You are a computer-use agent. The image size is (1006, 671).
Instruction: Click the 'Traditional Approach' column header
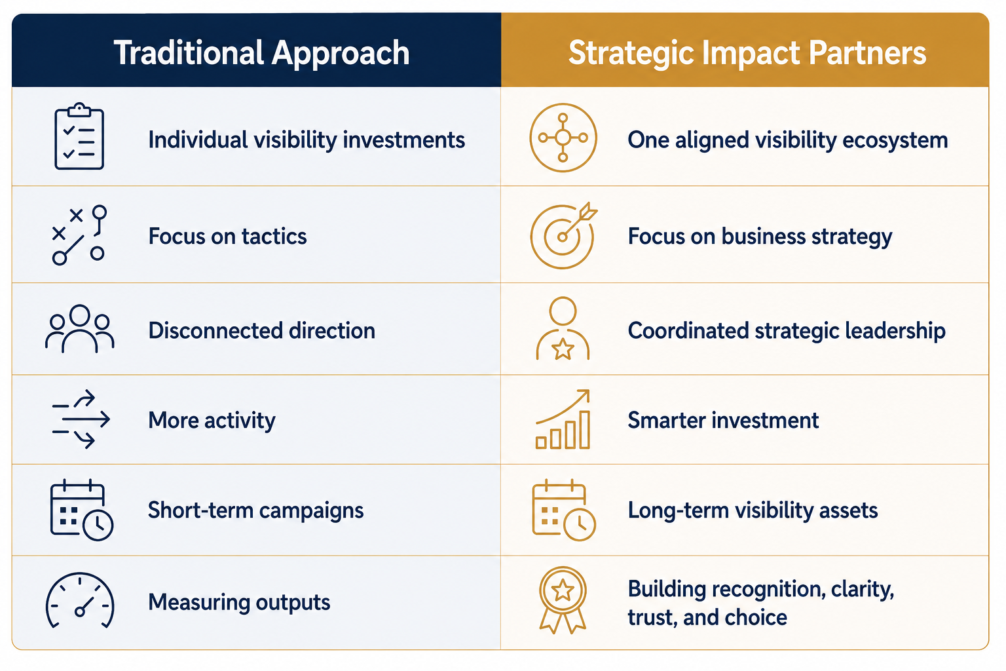(261, 54)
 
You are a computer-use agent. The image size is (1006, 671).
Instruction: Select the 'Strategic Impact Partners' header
(747, 53)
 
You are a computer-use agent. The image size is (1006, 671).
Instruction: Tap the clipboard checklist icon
(79, 136)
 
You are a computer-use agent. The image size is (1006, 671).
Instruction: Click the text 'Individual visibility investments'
(307, 140)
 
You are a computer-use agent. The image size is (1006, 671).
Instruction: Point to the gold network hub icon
(563, 138)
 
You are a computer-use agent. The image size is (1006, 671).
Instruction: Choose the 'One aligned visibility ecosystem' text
(788, 140)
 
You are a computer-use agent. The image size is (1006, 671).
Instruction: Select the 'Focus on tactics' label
(228, 237)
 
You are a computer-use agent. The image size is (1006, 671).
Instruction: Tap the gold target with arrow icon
(564, 235)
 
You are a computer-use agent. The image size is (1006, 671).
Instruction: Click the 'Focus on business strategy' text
(760, 237)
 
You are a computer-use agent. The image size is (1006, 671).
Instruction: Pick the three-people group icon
(79, 329)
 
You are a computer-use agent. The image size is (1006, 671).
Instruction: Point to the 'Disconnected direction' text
(262, 330)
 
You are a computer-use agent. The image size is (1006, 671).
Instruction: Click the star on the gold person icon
(563, 349)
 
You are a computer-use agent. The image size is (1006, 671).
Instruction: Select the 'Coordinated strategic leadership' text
(787, 331)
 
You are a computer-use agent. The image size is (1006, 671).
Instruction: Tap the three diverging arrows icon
(81, 419)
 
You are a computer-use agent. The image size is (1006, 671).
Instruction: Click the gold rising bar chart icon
(563, 419)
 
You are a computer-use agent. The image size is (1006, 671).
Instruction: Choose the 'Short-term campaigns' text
(255, 510)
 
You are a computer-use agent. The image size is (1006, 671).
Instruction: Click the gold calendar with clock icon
(564, 510)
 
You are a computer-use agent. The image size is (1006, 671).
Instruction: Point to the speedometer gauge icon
(80, 600)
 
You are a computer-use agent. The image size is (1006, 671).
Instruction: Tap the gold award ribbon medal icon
(563, 600)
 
